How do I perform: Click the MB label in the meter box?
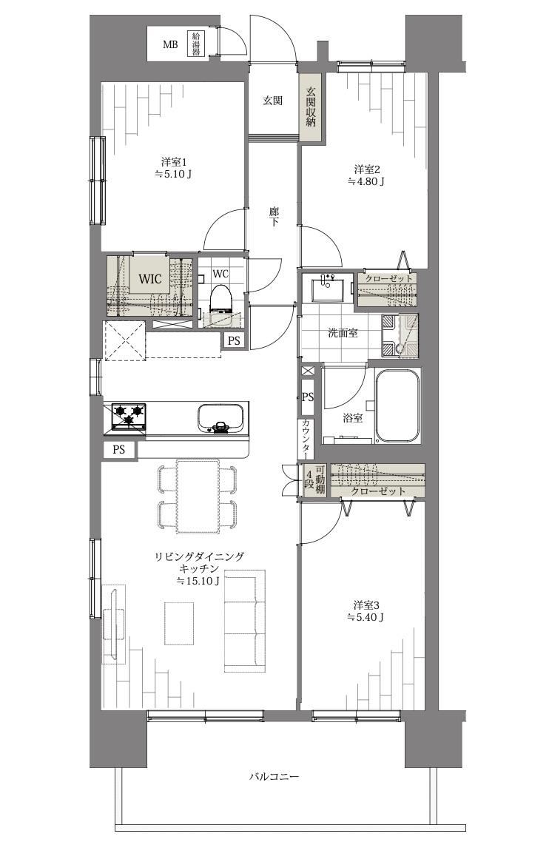[x=170, y=45]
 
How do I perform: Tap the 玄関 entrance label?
[x=272, y=101]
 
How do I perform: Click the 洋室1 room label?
[x=173, y=161]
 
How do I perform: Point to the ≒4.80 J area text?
[x=366, y=181]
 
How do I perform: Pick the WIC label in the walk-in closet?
[x=149, y=279]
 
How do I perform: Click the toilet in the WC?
[x=220, y=299]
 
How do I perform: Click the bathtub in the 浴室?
[x=397, y=405]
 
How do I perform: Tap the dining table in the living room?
[x=198, y=495]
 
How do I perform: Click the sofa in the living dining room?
[x=245, y=620]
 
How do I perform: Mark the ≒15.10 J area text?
[x=198, y=581]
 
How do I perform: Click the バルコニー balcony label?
[x=274, y=777]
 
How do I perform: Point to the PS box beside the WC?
[x=234, y=340]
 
